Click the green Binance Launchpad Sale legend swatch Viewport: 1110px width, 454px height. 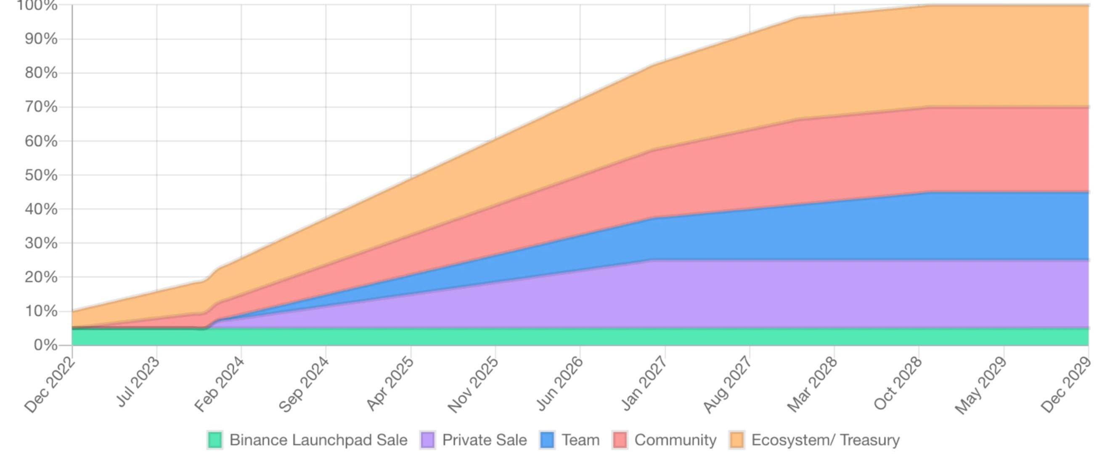coord(215,440)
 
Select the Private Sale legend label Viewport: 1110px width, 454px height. coord(484,440)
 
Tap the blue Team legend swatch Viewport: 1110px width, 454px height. coord(547,440)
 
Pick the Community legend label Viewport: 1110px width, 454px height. coord(675,440)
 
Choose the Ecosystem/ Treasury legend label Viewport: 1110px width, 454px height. coord(825,440)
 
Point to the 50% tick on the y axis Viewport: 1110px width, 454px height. coord(41,175)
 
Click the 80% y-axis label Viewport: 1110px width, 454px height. coord(41,72)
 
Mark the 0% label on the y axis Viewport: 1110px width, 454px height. coord(45,345)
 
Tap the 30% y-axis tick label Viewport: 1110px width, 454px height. coord(41,243)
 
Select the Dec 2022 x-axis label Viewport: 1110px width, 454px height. coord(50,385)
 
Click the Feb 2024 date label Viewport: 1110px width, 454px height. coord(219,385)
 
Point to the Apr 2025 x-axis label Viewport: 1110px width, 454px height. coord(390,385)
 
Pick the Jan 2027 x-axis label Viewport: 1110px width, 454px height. coord(644,385)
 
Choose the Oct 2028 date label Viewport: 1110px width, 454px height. coord(898,385)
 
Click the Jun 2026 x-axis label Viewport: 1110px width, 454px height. coord(560,385)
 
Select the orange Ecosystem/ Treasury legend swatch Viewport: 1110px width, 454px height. coord(736,440)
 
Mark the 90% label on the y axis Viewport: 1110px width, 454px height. coord(41,39)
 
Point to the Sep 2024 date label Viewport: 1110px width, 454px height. coord(304,385)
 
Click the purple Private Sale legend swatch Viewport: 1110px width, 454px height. coord(427,440)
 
